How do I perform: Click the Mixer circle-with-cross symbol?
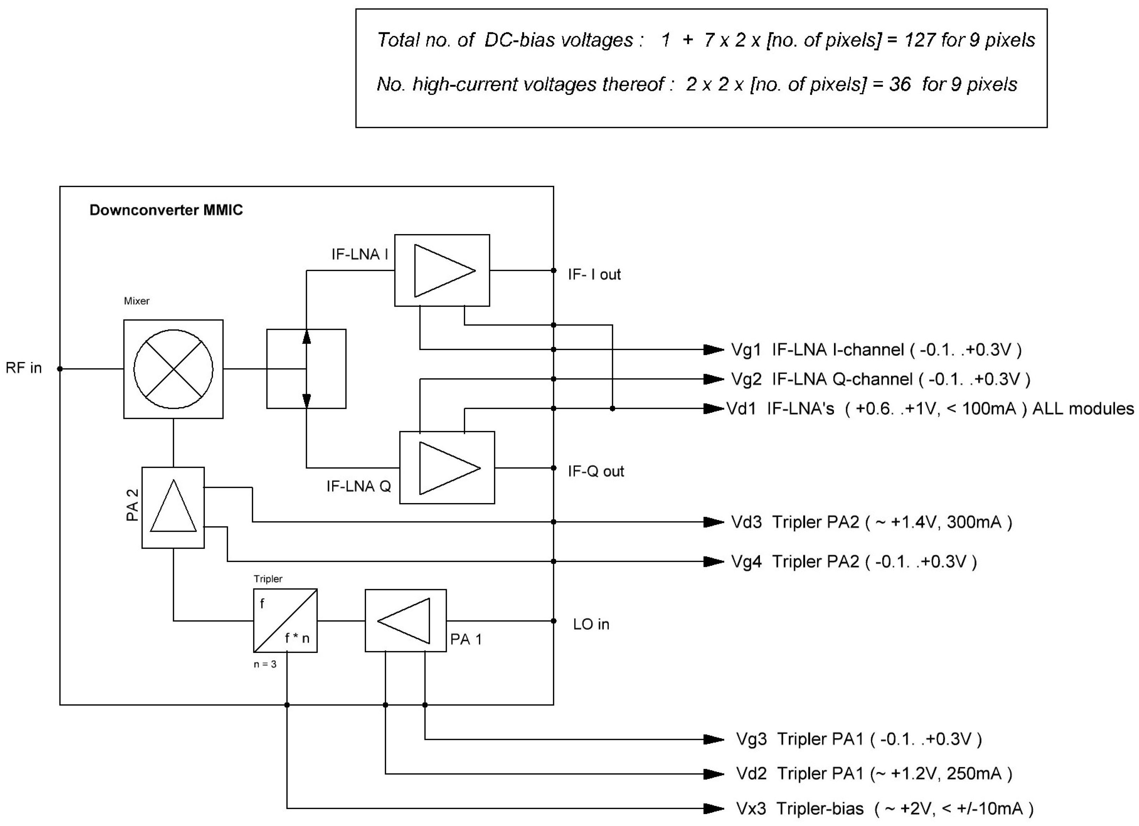point(173,369)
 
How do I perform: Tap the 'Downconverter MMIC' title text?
point(166,210)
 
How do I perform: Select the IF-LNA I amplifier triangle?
point(444,271)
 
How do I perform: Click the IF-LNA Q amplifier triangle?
point(450,468)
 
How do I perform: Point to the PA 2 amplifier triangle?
point(173,506)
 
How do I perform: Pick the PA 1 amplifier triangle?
point(404,620)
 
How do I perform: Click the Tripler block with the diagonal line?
point(285,620)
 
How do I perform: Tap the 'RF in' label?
point(24,368)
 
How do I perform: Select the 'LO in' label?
point(591,624)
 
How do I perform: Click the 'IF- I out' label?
point(594,275)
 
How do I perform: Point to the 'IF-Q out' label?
point(596,471)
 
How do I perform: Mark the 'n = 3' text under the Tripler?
point(265,664)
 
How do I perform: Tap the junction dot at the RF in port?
point(60,369)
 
